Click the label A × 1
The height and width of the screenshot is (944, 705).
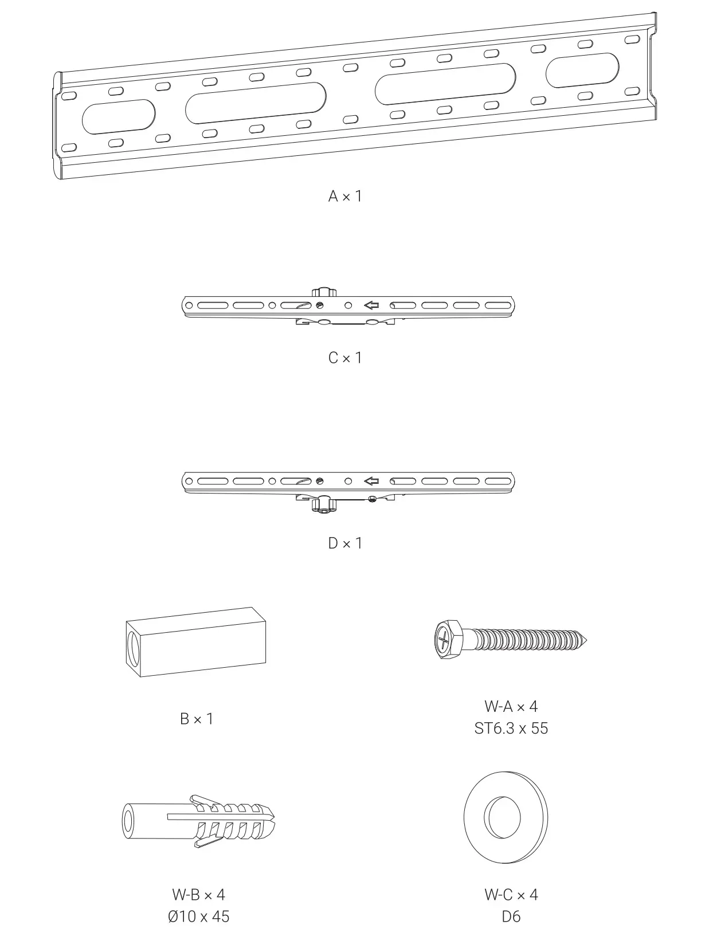coord(345,197)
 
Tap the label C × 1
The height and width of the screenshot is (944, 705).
coord(345,358)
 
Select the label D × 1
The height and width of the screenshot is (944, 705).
coord(345,543)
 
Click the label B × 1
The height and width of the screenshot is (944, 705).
coord(197,719)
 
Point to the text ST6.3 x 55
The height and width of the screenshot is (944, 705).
coord(511,728)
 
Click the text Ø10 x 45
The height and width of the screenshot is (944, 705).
coord(198,916)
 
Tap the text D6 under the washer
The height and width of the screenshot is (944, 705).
coord(511,916)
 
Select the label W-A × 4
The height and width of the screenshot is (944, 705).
coord(511,707)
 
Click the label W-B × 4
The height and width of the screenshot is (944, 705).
coord(198,895)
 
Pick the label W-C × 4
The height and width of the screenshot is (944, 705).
coord(511,895)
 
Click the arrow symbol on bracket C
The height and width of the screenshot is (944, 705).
coord(371,305)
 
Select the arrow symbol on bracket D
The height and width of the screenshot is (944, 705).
coord(371,481)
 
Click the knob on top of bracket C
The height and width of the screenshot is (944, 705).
coord(323,292)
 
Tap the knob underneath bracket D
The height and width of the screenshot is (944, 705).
coord(323,504)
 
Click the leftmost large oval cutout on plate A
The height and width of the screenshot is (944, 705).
coord(119,116)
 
